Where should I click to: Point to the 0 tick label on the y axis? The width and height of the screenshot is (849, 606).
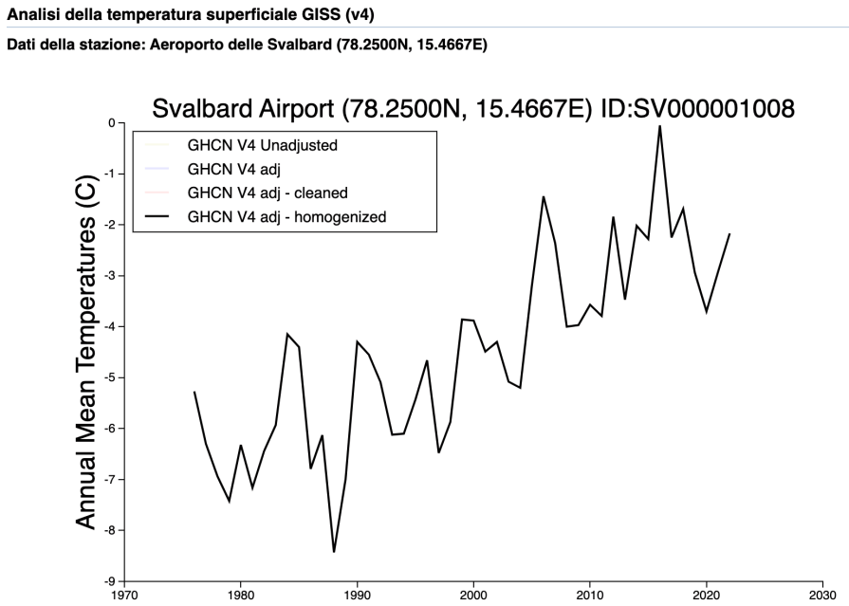(111, 123)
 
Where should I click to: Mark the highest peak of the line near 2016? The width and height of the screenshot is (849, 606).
(659, 126)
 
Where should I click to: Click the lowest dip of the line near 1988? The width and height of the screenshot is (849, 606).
(334, 551)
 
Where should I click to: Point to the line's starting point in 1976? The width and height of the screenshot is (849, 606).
(194, 392)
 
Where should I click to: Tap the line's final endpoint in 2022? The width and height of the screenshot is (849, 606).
(729, 233)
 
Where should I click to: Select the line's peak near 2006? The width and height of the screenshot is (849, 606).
(544, 197)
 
